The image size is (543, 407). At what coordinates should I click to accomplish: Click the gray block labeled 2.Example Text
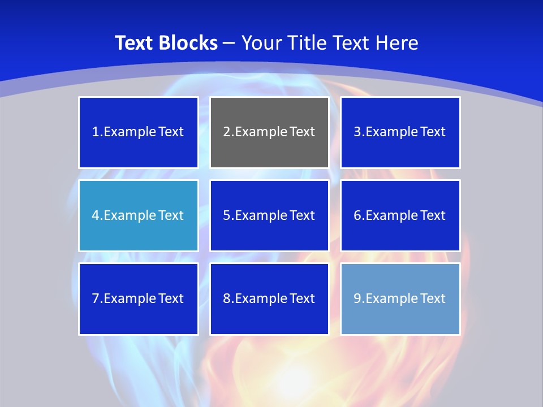pos(269,132)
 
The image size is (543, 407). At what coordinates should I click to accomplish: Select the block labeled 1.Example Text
pos(138,132)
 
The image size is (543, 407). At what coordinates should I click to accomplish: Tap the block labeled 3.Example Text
pos(400,132)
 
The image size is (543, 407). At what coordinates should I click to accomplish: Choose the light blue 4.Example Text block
pos(138,215)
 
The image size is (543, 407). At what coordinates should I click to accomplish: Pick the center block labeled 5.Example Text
pos(269,215)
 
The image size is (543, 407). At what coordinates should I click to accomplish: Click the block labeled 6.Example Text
pos(400,215)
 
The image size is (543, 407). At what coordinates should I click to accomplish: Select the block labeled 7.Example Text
pos(138,298)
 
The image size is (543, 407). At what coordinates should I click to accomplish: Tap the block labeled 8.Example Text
pos(269,298)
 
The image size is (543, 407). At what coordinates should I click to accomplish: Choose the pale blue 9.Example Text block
pos(400,298)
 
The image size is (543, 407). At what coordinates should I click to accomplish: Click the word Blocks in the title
pos(188,43)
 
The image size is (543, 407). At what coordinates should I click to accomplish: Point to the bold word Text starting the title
pos(134,43)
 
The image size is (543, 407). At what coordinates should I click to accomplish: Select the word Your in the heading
pos(262,43)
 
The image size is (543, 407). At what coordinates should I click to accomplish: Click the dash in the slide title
pos(230,43)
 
